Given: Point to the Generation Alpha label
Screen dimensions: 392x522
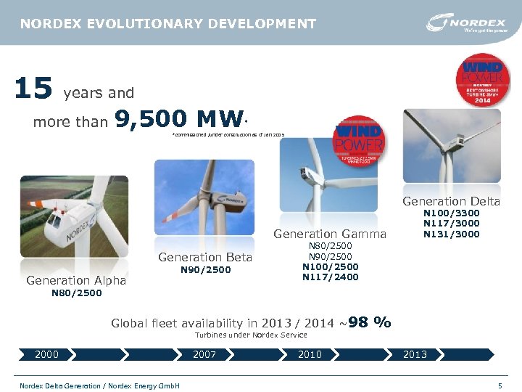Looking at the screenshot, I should (76, 280).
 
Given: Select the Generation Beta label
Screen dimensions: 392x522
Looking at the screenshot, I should (205, 257).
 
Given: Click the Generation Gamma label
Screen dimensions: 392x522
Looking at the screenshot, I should (330, 234).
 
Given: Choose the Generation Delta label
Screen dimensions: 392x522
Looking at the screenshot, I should (451, 201).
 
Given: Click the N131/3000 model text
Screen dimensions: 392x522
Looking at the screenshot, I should (451, 234).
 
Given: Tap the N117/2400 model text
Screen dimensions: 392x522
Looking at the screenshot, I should (330, 277).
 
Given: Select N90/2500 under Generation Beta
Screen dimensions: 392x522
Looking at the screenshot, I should (205, 270).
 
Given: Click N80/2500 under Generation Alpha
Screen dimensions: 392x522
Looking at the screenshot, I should (76, 293).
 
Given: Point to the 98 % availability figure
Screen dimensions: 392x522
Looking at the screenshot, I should (370, 322).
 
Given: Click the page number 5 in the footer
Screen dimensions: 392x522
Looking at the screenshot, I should (500, 385).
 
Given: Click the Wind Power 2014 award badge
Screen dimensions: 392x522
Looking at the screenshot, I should (481, 80).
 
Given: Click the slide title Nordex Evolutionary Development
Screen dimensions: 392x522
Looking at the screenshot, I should (168, 24).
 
